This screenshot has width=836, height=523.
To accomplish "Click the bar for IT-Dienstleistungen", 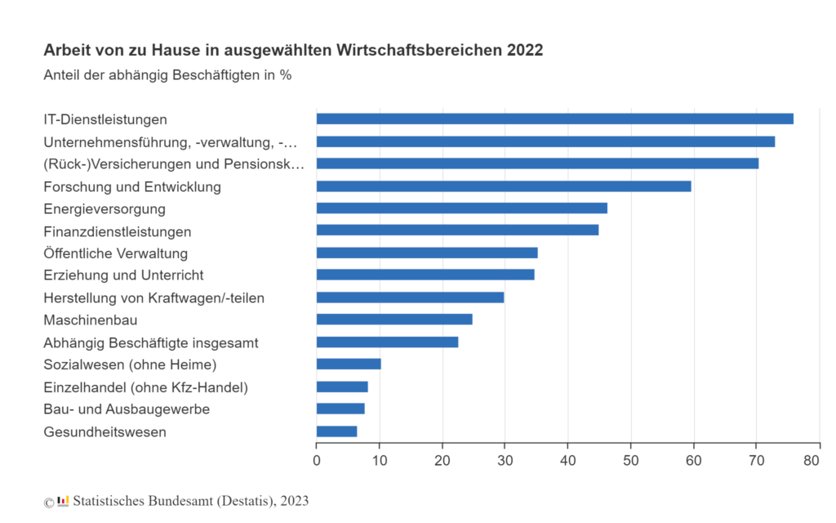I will pos(554,119).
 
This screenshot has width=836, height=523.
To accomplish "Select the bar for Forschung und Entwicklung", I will pos(504,186).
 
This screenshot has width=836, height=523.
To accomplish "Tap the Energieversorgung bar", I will pos(461,208).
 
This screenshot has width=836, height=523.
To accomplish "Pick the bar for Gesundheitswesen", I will pos(336,431).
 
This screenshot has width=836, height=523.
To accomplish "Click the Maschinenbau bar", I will pos(394,320).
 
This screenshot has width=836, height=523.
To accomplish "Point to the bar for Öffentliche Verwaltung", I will pos(427,253).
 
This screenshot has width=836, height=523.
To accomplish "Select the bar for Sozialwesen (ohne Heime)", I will pos(349,364).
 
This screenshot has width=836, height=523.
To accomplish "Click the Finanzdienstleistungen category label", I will pos(118,231).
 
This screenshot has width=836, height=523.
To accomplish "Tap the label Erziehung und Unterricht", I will pos(123,275).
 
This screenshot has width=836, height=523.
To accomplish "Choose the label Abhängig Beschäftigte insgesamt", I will pos(151,342).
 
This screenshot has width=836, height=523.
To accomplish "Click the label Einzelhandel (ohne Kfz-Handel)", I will pos(145,387).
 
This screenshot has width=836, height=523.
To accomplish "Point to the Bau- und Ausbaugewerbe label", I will pos(127,409).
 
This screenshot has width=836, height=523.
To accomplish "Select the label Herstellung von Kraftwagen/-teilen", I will pos(153,297).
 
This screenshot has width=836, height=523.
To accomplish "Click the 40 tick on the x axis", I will pos(568,461).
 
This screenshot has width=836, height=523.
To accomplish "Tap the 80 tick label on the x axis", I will pos(812,461).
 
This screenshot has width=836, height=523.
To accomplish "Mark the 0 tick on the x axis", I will pos(317,461).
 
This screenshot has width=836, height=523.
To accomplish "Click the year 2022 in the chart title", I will pos(525,50).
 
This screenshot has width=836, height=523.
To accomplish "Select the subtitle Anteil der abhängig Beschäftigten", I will pos(167,75).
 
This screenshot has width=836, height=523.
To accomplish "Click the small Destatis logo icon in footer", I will pos(63,501).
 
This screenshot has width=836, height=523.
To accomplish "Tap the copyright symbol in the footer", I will pos(48,502).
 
